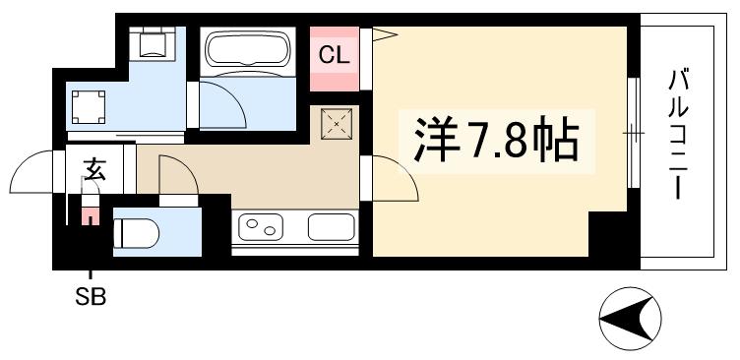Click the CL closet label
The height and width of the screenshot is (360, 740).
click(x=334, y=55)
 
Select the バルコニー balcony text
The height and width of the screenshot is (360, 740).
click(x=677, y=134)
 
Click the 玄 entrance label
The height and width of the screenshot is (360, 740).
click(x=93, y=171)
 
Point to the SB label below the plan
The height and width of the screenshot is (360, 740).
click(x=91, y=296)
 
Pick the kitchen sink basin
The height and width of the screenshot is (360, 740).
click(x=331, y=227)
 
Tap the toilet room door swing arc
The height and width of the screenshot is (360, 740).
click(x=176, y=177)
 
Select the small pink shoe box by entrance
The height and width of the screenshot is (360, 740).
click(x=91, y=215)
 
